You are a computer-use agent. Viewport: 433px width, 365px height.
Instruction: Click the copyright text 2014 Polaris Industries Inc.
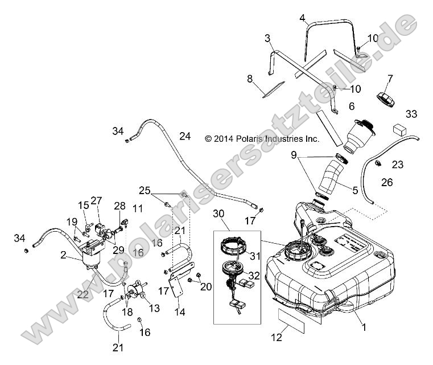pos(270,138)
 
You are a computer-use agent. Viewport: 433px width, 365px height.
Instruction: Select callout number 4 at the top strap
pos(303,17)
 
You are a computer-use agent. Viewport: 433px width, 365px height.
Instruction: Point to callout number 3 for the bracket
pos(267,38)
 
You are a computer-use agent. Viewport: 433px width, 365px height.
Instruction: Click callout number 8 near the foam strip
pos(249,79)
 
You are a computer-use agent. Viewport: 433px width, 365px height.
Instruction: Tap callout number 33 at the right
pos(411,114)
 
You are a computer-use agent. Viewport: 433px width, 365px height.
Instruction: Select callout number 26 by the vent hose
pos(403,183)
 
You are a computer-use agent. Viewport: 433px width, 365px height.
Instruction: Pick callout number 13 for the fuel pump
pos(154,308)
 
